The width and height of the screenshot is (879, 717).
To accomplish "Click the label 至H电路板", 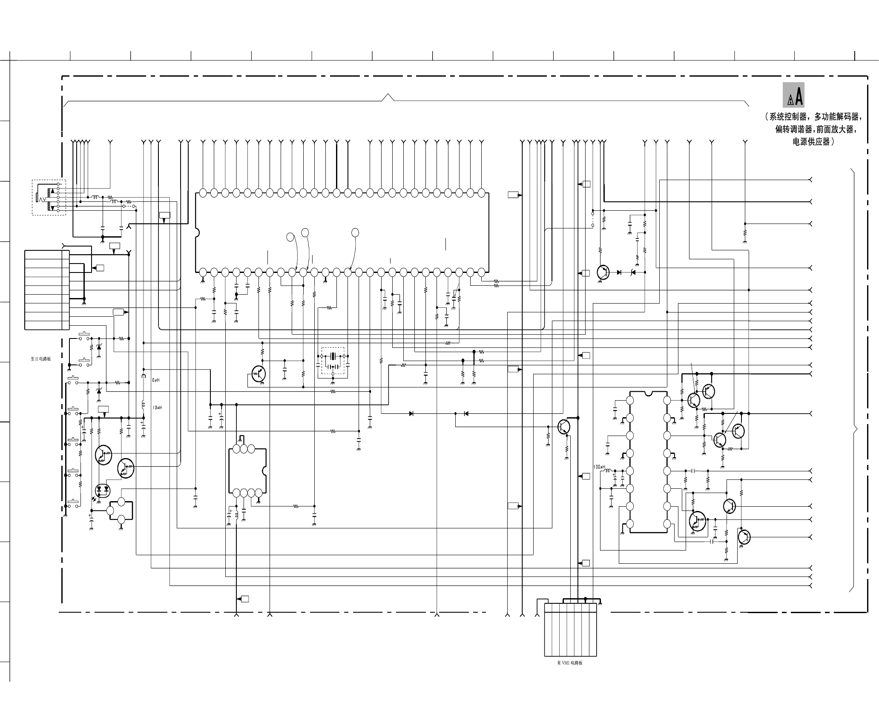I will [40, 358].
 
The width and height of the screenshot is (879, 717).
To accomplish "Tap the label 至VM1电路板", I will [569, 663].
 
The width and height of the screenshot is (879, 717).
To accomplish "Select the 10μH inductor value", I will [157, 407].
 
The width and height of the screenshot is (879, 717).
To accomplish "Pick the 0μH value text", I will [156, 380].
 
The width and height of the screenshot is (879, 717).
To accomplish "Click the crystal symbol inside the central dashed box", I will [333, 356].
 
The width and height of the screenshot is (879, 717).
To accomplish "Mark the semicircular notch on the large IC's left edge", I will [197, 233].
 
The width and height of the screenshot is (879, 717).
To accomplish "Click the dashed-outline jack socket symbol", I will [49, 197].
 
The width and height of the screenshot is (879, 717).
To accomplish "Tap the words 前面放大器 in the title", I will [835, 129].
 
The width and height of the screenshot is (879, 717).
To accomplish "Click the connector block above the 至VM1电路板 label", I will [570, 630].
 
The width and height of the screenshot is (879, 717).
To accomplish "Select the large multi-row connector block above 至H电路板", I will [47, 290].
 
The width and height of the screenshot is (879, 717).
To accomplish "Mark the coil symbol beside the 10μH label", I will [144, 404].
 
